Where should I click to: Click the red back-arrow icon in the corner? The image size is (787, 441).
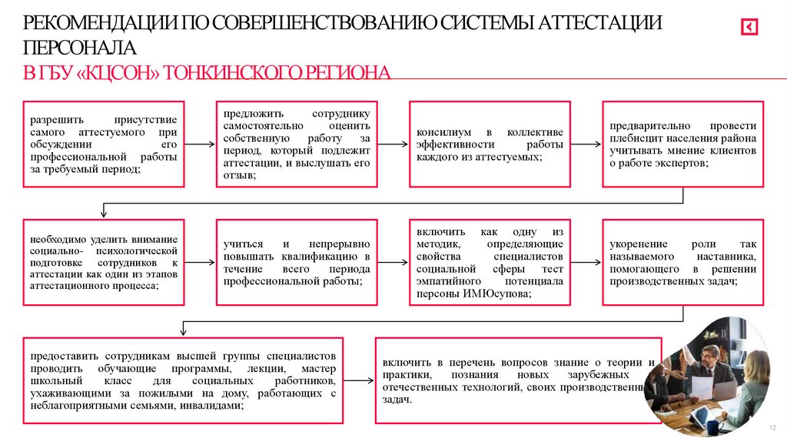[x=749, y=28]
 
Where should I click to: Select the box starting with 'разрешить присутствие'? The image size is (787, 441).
[x=104, y=144]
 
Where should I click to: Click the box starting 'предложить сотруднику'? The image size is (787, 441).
[x=297, y=144]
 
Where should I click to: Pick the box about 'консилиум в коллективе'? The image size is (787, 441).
[x=490, y=144]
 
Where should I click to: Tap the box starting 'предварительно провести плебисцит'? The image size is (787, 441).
[x=682, y=144]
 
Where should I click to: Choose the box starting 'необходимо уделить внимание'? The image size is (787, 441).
[x=104, y=262]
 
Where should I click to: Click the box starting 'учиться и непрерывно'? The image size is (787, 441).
[x=297, y=262]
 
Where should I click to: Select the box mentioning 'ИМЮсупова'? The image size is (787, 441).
[x=490, y=262]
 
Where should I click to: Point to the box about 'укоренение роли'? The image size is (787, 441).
[x=682, y=262]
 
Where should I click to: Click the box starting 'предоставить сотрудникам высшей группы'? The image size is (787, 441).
[x=183, y=380]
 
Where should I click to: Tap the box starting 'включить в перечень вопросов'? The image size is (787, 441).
[x=517, y=380]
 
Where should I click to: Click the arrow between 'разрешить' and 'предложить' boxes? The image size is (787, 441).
[x=200, y=144]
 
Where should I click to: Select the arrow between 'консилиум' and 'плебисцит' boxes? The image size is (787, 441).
[x=586, y=144]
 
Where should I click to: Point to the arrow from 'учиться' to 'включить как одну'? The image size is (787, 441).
[x=393, y=262]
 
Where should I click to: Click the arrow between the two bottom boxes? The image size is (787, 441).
[x=358, y=380]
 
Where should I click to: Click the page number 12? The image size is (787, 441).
[x=772, y=427]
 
